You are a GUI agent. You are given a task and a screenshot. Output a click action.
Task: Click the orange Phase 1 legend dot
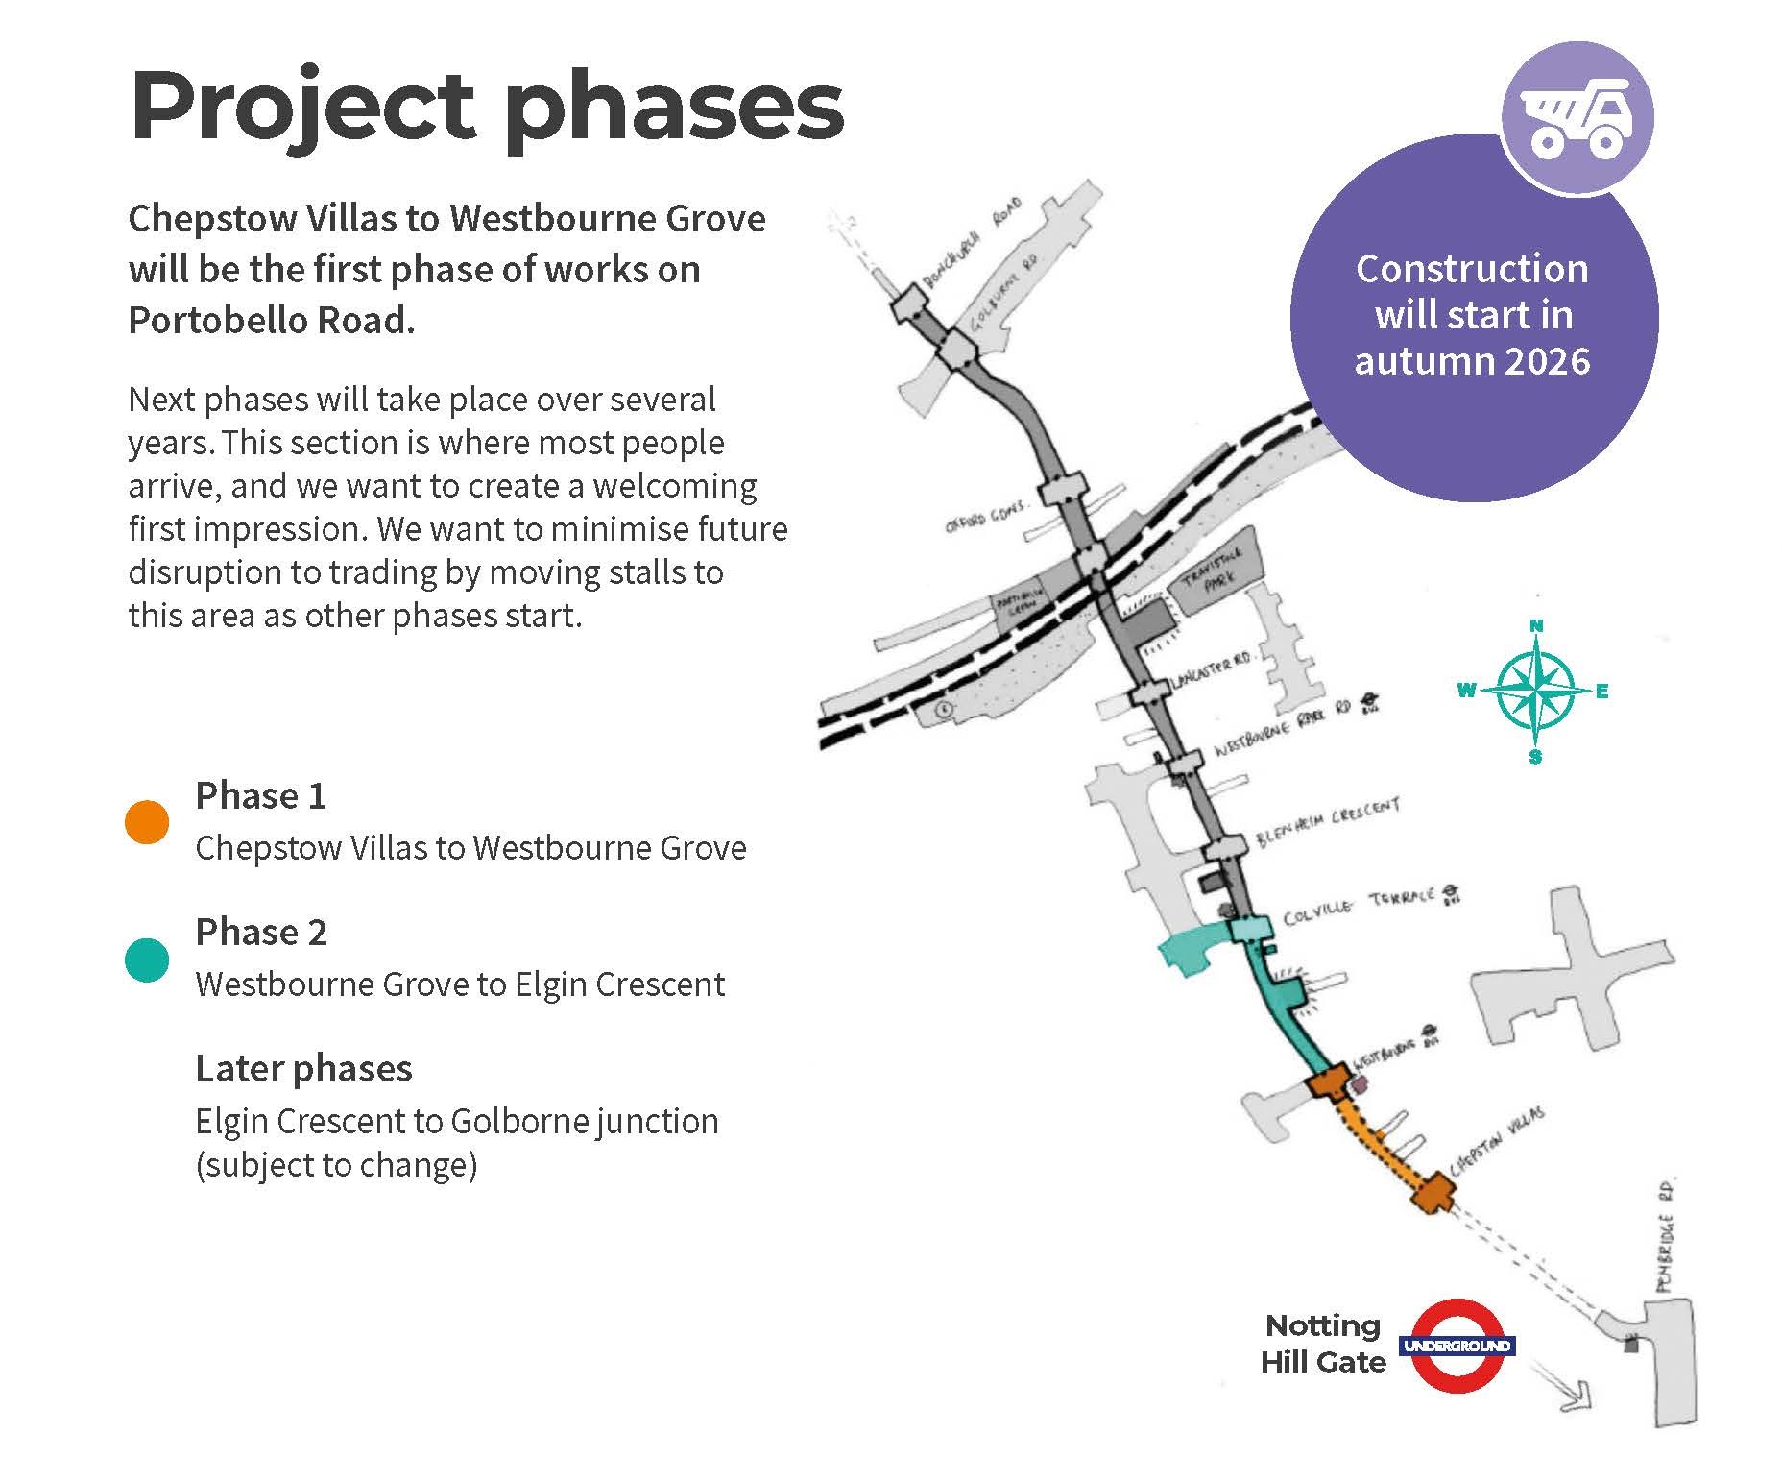click(x=147, y=822)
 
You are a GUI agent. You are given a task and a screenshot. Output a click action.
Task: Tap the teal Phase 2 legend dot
click(x=147, y=960)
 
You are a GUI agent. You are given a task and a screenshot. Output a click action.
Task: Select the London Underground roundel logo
click(x=1457, y=1345)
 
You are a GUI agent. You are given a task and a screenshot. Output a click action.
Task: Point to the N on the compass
click(x=1536, y=626)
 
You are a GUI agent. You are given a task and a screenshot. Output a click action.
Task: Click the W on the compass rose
click(x=1467, y=691)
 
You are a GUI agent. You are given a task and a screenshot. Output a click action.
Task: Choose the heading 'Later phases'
click(x=303, y=1068)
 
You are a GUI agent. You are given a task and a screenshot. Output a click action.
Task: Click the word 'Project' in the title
click(x=302, y=106)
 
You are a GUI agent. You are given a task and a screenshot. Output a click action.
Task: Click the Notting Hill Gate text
click(x=1323, y=1344)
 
